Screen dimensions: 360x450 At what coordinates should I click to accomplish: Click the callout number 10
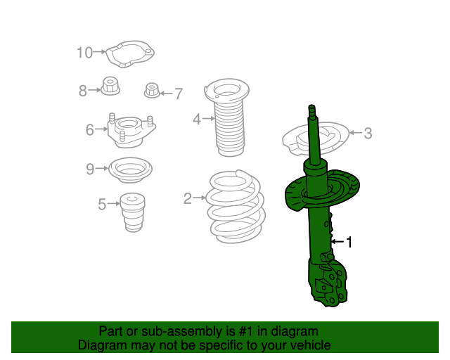click(84, 52)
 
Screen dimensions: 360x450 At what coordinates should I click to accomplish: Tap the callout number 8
click(83, 91)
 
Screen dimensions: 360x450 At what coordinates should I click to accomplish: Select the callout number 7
click(178, 93)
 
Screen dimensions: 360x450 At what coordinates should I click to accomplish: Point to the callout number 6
click(90, 129)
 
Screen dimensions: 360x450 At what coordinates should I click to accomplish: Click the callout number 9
click(90, 169)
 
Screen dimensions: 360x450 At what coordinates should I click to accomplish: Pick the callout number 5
click(102, 205)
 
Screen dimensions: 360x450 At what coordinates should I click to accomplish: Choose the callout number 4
click(198, 120)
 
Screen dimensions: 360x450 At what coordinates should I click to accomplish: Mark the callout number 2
click(188, 199)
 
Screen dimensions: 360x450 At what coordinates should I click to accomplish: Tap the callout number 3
click(368, 133)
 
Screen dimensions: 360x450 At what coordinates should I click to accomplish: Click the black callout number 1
click(349, 243)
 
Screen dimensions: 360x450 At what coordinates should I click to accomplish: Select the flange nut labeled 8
click(110, 87)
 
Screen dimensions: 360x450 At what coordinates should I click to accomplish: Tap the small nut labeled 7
click(152, 91)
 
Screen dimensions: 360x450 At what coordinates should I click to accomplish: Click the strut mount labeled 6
click(128, 131)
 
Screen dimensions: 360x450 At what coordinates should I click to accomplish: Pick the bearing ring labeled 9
click(129, 170)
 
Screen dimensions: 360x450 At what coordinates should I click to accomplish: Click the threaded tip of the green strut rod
click(311, 109)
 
